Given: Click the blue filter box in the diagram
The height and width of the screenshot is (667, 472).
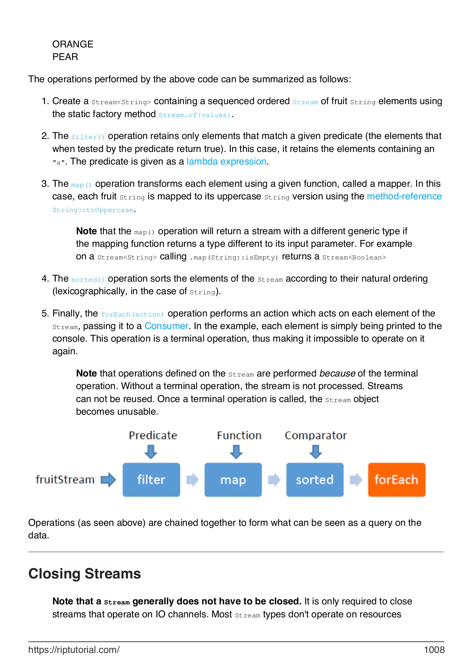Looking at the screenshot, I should click(x=151, y=479).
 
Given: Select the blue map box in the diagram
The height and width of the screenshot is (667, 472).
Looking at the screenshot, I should click(x=233, y=479).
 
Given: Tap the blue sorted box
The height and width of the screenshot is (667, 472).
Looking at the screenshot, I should click(x=315, y=479).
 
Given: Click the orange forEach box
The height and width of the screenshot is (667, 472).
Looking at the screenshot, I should click(x=396, y=479).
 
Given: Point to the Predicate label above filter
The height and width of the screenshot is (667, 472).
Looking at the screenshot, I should click(x=153, y=435).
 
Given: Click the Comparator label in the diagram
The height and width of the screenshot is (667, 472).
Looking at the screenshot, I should click(x=316, y=435).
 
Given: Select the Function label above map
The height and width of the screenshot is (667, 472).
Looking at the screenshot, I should click(x=239, y=435).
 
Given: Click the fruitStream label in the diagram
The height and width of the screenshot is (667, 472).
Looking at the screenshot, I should click(x=65, y=479).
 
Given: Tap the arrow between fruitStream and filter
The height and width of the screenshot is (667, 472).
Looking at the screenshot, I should click(x=108, y=479).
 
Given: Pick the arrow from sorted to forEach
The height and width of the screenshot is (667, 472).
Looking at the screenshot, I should click(x=355, y=479).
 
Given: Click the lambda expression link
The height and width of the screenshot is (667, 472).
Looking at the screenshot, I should click(x=226, y=162).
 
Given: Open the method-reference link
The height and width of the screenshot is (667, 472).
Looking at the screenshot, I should click(x=404, y=196).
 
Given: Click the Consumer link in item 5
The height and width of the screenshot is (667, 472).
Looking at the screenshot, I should click(x=166, y=326).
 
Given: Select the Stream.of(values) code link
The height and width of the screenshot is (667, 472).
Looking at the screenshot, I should click(x=194, y=115).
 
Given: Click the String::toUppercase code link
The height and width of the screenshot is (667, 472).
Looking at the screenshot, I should click(x=93, y=210).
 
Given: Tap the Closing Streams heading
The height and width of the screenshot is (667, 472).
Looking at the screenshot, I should click(x=85, y=574).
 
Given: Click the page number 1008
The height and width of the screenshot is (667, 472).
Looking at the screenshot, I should click(x=434, y=650).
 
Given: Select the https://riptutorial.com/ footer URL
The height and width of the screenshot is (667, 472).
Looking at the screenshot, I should click(x=74, y=650).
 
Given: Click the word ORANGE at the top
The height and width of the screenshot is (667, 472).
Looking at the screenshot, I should click(x=73, y=44).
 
